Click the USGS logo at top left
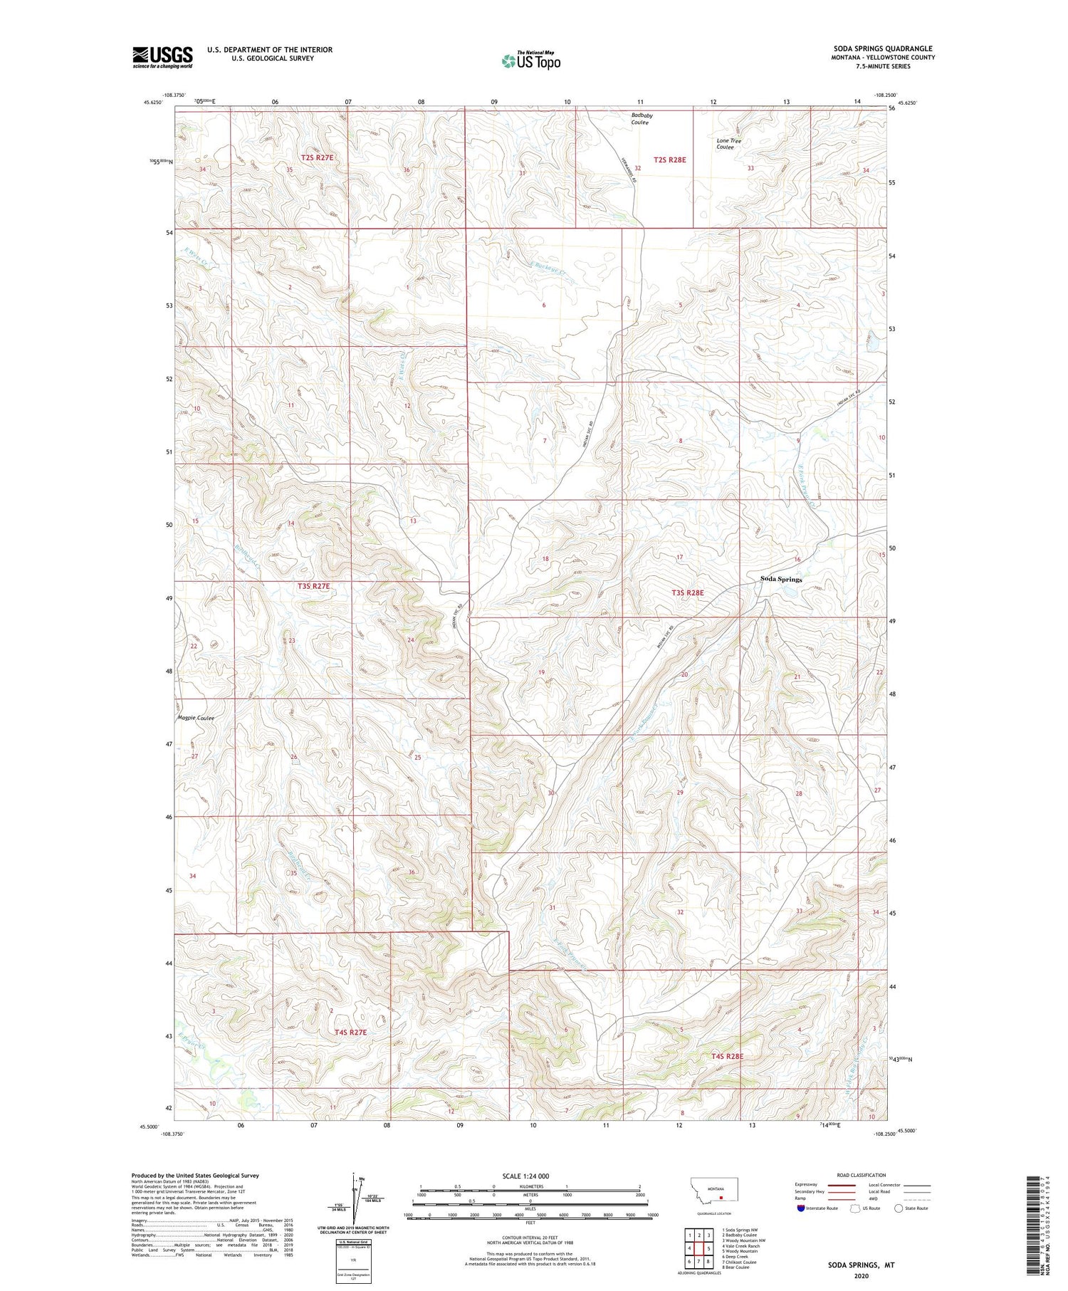[x=162, y=57]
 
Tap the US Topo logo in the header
[x=531, y=61]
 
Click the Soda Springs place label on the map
[x=780, y=579]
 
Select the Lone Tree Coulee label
[x=728, y=144]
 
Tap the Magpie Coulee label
[x=196, y=718]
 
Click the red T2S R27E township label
[x=317, y=157]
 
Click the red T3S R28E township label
[x=687, y=592]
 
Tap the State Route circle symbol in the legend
[x=899, y=1208]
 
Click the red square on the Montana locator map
[x=721, y=1197]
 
